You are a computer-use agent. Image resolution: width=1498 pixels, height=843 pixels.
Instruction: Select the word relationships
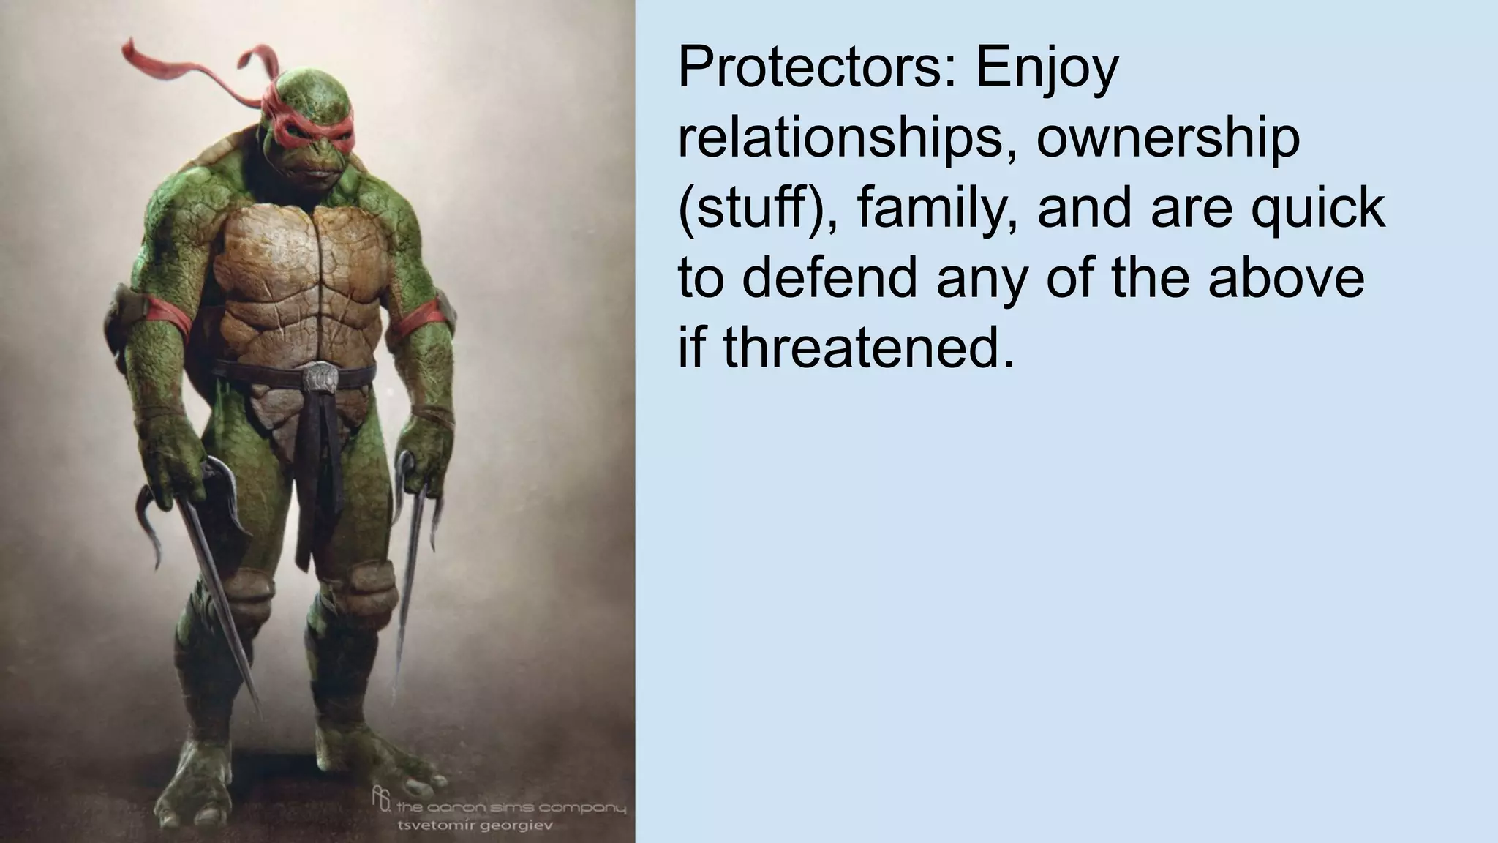(x=848, y=139)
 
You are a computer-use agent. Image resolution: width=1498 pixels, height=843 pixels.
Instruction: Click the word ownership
(x=1168, y=139)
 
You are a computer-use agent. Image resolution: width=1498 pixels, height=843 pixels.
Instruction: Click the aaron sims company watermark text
(x=511, y=808)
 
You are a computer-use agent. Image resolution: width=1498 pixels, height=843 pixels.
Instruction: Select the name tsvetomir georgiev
(x=473, y=825)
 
